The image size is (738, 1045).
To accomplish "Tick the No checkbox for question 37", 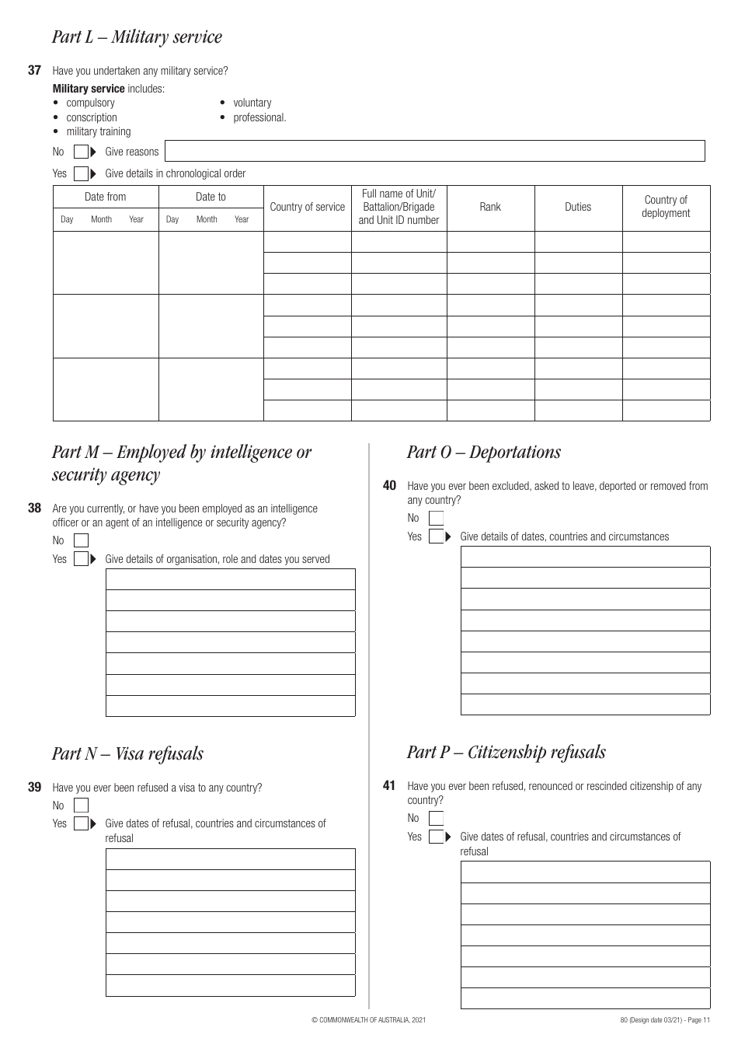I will (81, 152).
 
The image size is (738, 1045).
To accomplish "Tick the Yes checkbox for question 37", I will (81, 173).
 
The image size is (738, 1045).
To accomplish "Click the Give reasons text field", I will (435, 151).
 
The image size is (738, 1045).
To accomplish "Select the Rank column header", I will (490, 207).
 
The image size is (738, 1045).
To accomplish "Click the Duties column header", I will (578, 207).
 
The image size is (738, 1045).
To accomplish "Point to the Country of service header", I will (307, 207).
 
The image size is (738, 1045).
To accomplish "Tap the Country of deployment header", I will (666, 207).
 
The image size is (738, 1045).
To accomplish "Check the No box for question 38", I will (81, 540).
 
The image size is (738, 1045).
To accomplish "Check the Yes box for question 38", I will (81, 559).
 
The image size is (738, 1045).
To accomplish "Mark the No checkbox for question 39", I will (81, 806).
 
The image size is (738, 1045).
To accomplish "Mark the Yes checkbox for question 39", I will (81, 823).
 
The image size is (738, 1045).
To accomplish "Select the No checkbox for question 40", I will (436, 518).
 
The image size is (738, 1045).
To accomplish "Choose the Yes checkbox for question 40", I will (436, 536).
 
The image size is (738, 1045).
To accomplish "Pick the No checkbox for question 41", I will (436, 818).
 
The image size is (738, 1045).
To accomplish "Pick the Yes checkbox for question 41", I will (436, 837).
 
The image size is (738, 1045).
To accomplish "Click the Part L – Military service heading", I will (137, 37).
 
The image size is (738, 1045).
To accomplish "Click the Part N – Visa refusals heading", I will (127, 753).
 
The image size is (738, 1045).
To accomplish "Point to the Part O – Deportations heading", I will (483, 453).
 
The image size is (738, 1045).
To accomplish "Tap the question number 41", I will (389, 786).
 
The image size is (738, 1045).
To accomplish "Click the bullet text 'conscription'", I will (92, 117).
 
